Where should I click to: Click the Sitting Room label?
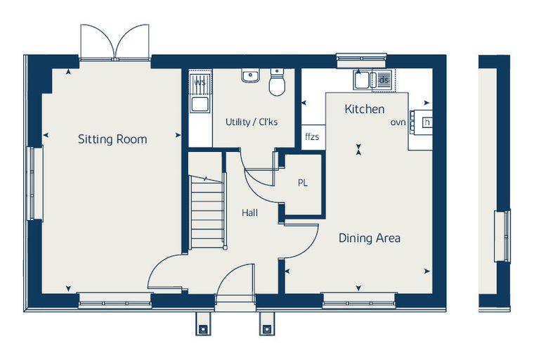point(112,139)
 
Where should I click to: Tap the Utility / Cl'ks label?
point(252,122)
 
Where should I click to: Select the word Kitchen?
point(365,109)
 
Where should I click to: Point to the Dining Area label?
point(369,238)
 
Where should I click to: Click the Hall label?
point(249,213)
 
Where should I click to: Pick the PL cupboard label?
point(303,183)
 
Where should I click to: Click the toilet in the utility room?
point(277,82)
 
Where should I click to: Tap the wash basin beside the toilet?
point(251,75)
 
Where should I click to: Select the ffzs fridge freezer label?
point(312,137)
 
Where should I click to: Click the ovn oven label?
point(398,122)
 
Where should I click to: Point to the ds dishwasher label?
point(384,80)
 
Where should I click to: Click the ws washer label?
point(200,82)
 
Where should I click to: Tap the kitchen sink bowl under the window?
point(363,80)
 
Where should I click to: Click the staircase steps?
point(207,212)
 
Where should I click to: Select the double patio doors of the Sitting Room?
point(115,42)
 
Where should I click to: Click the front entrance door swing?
point(235,281)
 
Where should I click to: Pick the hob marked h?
point(427,122)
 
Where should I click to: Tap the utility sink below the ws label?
point(200,104)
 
